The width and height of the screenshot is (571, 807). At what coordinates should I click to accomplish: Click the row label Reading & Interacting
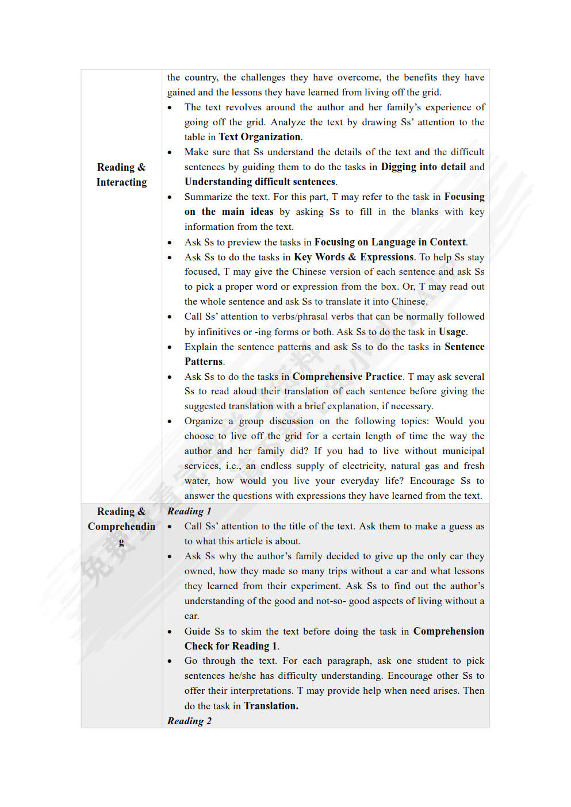[x=121, y=174]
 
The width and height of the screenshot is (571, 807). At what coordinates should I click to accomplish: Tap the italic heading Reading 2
[x=189, y=721]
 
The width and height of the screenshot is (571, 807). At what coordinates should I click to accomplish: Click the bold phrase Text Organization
[x=259, y=137]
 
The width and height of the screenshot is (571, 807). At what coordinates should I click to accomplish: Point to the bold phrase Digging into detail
[x=423, y=167]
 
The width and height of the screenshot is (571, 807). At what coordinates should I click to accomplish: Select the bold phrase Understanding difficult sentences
[x=260, y=182]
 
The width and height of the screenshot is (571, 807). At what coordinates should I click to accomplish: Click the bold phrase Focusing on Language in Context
[x=390, y=242]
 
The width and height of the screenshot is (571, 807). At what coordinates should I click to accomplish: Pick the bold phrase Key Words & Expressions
[x=354, y=257]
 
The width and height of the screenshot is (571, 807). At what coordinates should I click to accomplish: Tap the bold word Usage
[x=452, y=332]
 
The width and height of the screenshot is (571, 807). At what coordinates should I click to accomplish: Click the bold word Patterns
[x=204, y=362]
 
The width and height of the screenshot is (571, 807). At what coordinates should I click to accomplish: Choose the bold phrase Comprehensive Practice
[x=347, y=376]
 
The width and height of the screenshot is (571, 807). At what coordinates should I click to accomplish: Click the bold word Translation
[x=271, y=706]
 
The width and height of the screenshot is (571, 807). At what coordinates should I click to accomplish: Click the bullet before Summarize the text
[x=170, y=197]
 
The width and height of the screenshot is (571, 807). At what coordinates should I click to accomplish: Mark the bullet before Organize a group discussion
[x=170, y=421]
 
